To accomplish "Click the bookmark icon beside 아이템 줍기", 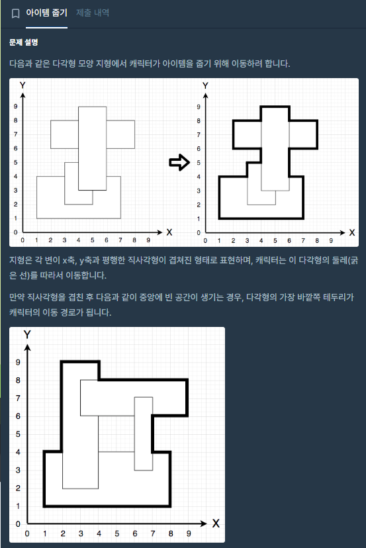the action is click(x=15, y=14).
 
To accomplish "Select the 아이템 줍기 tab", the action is click(x=46, y=13).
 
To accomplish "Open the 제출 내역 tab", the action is click(x=93, y=13).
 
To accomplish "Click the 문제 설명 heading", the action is click(x=24, y=42).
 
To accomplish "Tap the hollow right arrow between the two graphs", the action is click(x=179, y=162).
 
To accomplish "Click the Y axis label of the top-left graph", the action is click(x=23, y=85).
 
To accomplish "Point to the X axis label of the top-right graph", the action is click(x=351, y=232).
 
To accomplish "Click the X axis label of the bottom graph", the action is click(x=216, y=524).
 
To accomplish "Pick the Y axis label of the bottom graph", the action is click(x=27, y=334).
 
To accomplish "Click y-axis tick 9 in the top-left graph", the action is click(x=15, y=107).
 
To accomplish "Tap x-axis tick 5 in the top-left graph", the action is click(x=92, y=240).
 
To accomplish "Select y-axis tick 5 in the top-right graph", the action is click(x=199, y=163).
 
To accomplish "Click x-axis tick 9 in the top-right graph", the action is click(x=331, y=240).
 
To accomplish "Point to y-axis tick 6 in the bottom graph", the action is click(x=18, y=416).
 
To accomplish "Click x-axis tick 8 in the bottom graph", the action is click(x=171, y=533).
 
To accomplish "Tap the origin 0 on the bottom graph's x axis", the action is click(x=27, y=533).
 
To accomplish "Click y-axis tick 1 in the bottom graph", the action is click(x=18, y=506).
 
